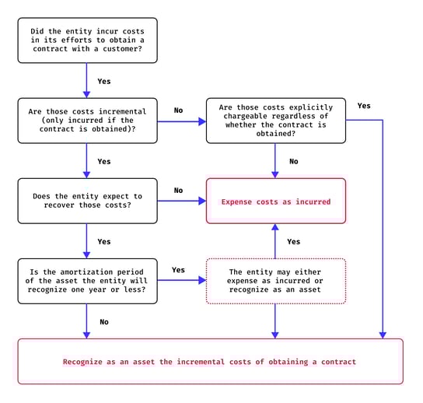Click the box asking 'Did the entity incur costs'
tap(87, 40)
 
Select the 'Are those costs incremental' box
tap(87, 121)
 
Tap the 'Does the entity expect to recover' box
tap(87, 201)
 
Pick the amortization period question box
tap(87, 281)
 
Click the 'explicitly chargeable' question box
tap(276, 121)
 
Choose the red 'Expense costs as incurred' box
tap(276, 201)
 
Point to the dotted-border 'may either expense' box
tap(276, 281)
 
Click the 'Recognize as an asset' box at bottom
tap(211, 362)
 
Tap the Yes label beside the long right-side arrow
tap(364, 106)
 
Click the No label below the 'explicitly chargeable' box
tap(294, 161)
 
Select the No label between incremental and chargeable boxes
tap(178, 110)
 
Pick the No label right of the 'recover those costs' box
tap(178, 191)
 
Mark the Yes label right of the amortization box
tap(178, 270)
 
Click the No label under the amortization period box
tap(104, 322)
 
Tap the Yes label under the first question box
tap(104, 81)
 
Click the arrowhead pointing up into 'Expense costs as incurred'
tap(275, 227)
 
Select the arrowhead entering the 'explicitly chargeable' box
tap(202, 121)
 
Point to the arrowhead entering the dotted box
tap(202, 280)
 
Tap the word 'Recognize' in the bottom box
tap(82, 362)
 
